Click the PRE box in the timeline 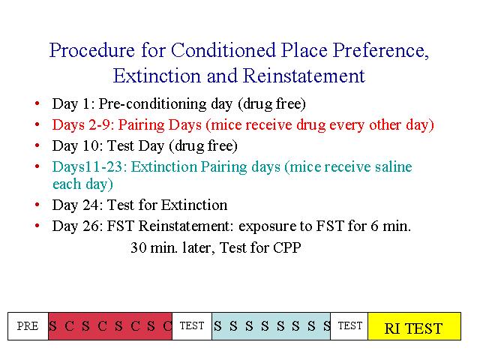coord(28,326)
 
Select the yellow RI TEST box coord(414,326)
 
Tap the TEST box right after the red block coord(192,326)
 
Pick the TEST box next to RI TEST coord(349,326)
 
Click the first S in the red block coord(52,326)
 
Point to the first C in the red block coord(69,326)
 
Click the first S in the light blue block coord(217,326)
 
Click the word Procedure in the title coord(91,50)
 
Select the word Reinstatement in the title coord(304,76)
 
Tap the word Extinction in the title coord(157,76)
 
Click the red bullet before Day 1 coord(37,103)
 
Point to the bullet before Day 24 coord(37,205)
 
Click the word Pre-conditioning coord(152,104)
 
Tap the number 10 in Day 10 coord(91,145)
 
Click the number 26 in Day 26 coord(91,226)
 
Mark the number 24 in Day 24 coord(91,205)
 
